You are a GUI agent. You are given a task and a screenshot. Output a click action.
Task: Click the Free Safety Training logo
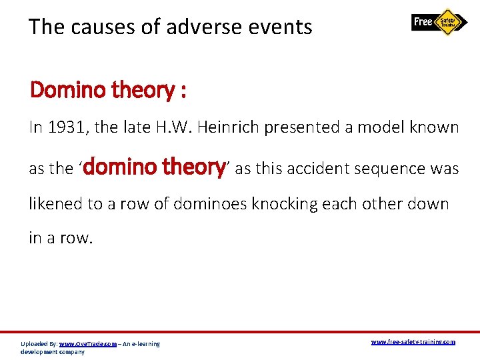coord(440,22)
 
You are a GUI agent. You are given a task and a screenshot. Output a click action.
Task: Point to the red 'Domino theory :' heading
coord(108,89)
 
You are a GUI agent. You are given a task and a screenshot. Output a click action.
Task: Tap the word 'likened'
coord(56,203)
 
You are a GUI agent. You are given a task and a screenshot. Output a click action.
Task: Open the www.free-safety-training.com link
coord(413,342)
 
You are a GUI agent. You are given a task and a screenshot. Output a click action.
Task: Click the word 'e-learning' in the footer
coord(144,344)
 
